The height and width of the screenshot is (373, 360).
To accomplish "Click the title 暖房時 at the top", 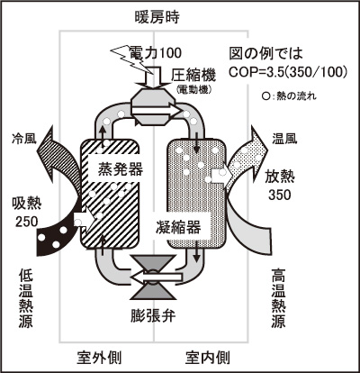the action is pos(157,17).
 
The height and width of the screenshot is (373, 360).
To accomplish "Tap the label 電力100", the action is pos(156,53).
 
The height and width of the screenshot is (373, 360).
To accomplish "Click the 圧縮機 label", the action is pos(193,75).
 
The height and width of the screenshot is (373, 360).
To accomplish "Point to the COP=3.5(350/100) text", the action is pos(288,72).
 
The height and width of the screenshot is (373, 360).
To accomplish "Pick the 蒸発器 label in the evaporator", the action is pos(121,169).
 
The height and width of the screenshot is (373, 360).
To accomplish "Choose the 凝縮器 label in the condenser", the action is pos(178,227).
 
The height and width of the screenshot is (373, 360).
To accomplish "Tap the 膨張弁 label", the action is pos(153,315).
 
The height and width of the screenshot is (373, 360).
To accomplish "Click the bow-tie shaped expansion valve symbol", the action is pos(153,277).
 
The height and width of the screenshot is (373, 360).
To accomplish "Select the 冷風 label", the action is pos(24,139).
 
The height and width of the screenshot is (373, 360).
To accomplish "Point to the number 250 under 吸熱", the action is pos(27,222).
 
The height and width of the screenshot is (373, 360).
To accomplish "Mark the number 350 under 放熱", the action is pos(280,195).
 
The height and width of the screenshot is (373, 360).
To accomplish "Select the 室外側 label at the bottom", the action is pos(99,358).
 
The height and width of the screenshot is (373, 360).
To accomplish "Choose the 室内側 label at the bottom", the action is pos(208,358).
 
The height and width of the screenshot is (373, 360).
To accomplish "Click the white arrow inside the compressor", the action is pos(157,111).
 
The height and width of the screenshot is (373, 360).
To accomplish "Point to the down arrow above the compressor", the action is pos(153,79).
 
